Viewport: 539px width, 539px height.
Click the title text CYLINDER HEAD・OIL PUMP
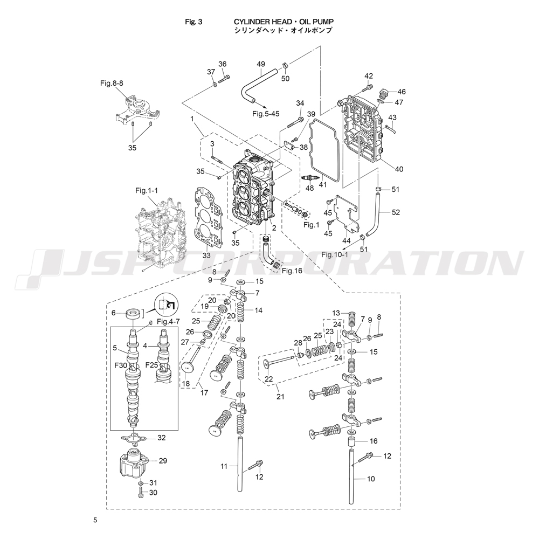pyautogui.click(x=283, y=22)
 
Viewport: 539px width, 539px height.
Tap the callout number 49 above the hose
pyautogui.click(x=261, y=65)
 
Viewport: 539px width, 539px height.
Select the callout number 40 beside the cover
pyautogui.click(x=399, y=169)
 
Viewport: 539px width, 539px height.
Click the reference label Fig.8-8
pyautogui.click(x=112, y=84)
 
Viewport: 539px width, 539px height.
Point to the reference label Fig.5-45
pyautogui.click(x=266, y=114)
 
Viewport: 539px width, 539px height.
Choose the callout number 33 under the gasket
pyautogui.click(x=206, y=255)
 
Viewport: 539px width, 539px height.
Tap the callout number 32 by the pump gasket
pyautogui.click(x=161, y=438)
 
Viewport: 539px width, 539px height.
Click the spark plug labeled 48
pyautogui.click(x=309, y=178)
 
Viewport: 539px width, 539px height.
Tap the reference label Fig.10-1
pyautogui.click(x=335, y=254)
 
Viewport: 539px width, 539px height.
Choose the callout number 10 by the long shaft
pyautogui.click(x=371, y=479)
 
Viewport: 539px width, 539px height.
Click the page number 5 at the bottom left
pyautogui.click(x=95, y=521)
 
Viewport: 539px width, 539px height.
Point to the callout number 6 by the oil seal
pyautogui.click(x=113, y=313)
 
